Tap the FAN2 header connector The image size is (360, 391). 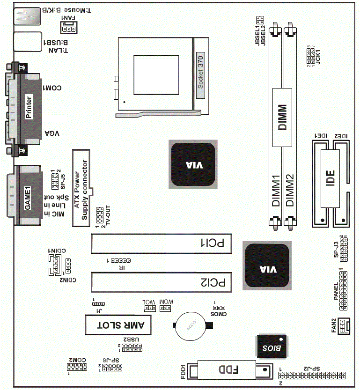coord(344,325)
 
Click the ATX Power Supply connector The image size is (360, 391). coord(82,188)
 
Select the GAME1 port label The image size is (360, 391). coord(27,199)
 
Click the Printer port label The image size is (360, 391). coord(29,107)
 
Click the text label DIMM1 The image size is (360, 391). coord(277,190)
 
